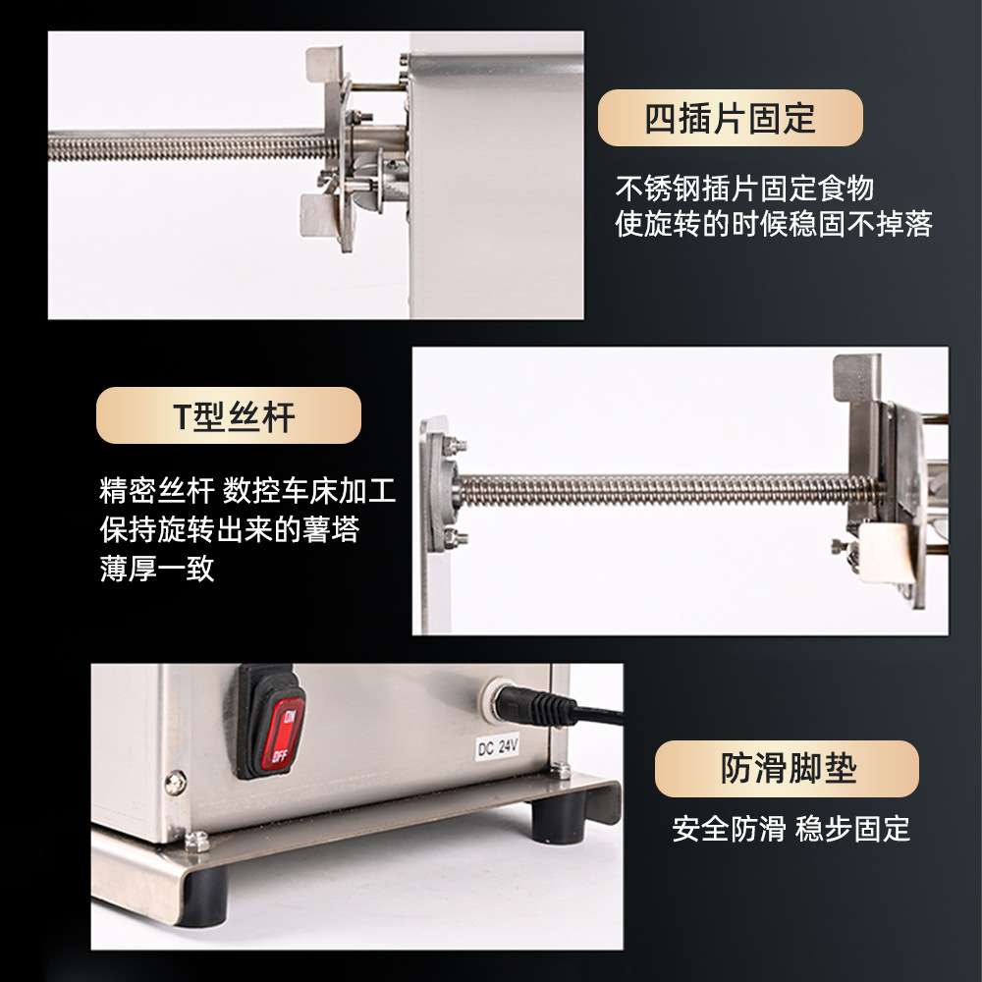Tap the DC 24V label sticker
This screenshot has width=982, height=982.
point(499,747)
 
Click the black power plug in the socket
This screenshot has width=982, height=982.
point(538,705)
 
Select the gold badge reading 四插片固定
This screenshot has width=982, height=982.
point(731,118)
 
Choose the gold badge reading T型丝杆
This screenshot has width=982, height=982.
point(229,415)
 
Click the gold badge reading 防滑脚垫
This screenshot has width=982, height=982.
point(787,769)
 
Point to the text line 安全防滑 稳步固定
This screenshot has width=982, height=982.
point(791,829)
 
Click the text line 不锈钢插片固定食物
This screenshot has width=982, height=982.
point(744,188)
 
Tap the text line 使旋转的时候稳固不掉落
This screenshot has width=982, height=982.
point(774,224)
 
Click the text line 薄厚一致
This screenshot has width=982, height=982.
point(157,569)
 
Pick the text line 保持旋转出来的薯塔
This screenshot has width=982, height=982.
point(229,530)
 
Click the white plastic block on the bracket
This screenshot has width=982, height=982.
point(886,553)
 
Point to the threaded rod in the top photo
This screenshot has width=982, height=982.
point(187,145)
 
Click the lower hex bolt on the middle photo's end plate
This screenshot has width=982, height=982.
point(456,538)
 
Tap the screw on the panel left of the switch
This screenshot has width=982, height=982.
point(176,783)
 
